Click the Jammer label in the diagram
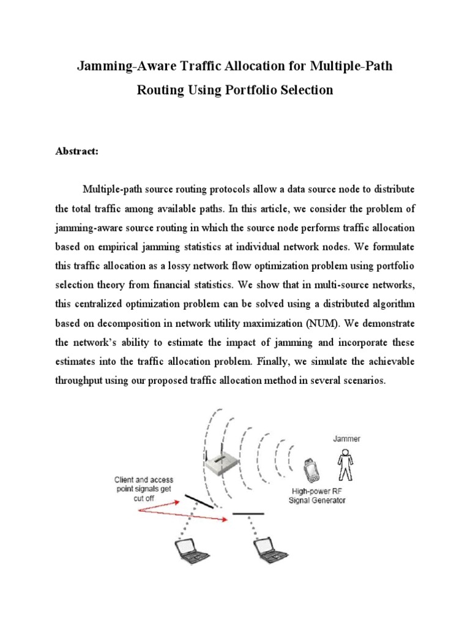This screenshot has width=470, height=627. [346, 439]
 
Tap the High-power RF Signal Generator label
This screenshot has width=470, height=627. [317, 495]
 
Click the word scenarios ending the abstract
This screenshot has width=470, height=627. [362, 380]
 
